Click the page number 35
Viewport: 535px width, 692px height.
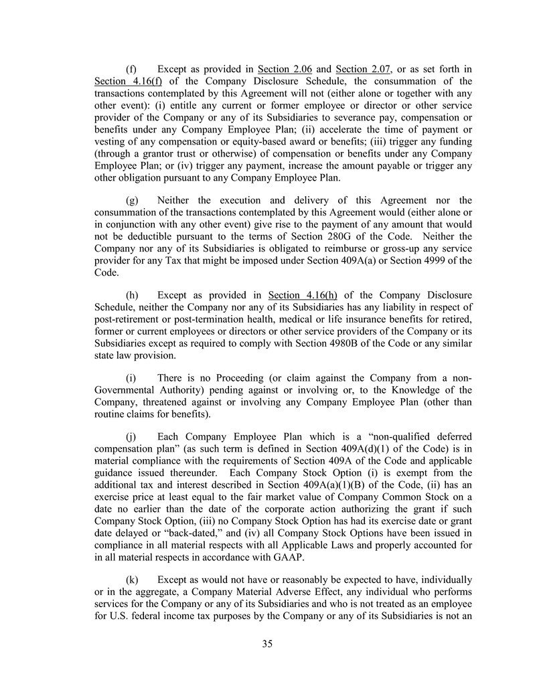coord(267,644)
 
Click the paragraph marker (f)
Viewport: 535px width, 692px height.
coord(132,68)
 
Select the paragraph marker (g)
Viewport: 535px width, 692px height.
coord(133,200)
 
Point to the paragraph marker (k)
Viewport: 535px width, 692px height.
coord(133,579)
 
